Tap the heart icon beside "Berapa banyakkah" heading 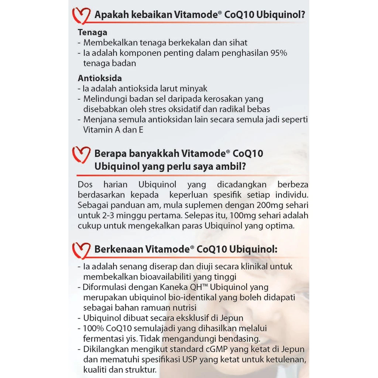[x=81, y=155]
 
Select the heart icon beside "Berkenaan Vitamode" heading [x=81, y=250]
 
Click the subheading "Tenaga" [x=93, y=32]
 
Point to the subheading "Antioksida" [x=100, y=78]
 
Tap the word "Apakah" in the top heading [x=110, y=16]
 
